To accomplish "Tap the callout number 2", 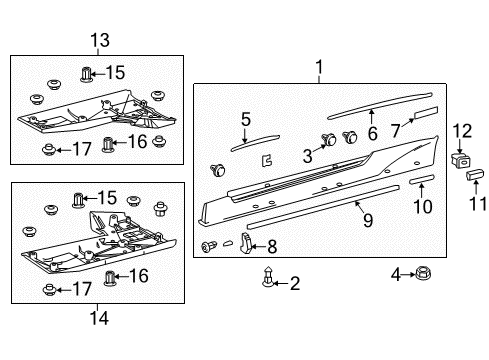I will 294,283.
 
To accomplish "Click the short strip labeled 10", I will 421,177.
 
